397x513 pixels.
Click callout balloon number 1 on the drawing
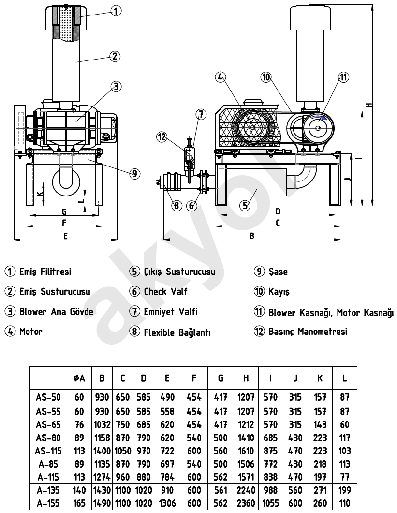[x=116, y=11]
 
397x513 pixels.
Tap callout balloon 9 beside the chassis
[x=135, y=174]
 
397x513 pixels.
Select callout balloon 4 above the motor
[x=221, y=77]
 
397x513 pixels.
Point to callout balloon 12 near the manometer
[x=162, y=137]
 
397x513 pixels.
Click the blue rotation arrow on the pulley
[x=319, y=117]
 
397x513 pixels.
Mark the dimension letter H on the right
[x=369, y=105]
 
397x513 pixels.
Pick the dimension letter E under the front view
[x=65, y=236]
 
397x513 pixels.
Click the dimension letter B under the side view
[x=252, y=236]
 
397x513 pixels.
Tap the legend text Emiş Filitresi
[x=45, y=272]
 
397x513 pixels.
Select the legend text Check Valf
[x=165, y=291]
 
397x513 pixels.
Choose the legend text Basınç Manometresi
[x=308, y=332]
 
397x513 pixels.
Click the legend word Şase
[x=278, y=272]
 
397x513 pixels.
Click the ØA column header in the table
[x=79, y=378]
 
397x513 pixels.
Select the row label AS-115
[x=48, y=451]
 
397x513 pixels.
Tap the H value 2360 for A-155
[x=246, y=503]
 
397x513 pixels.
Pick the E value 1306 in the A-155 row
[x=167, y=503]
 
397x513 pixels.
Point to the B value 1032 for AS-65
[x=102, y=424]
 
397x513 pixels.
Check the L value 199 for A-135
[x=344, y=490]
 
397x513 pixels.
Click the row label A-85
[x=48, y=464]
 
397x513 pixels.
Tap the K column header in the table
[x=320, y=378]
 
